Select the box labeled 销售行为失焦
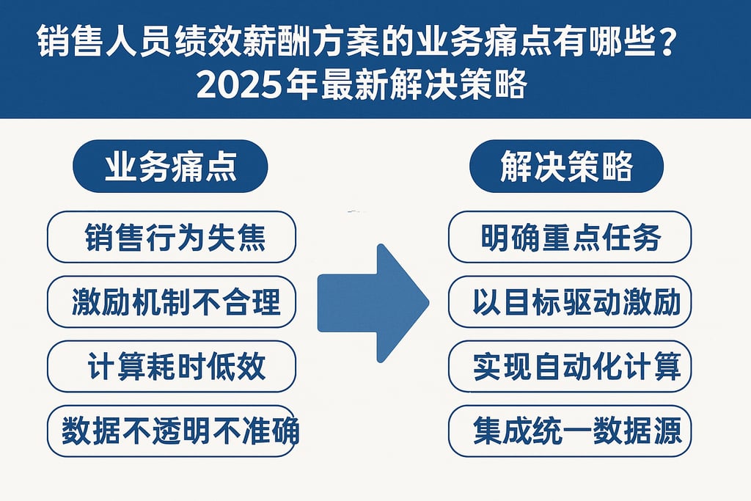click(172, 238)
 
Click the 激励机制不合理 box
click(172, 301)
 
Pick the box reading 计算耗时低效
click(172, 366)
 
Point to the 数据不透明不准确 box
click(172, 431)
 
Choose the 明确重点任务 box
click(570, 237)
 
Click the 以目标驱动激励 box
click(570, 301)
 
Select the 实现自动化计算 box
click(570, 366)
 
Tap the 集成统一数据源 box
click(570, 431)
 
